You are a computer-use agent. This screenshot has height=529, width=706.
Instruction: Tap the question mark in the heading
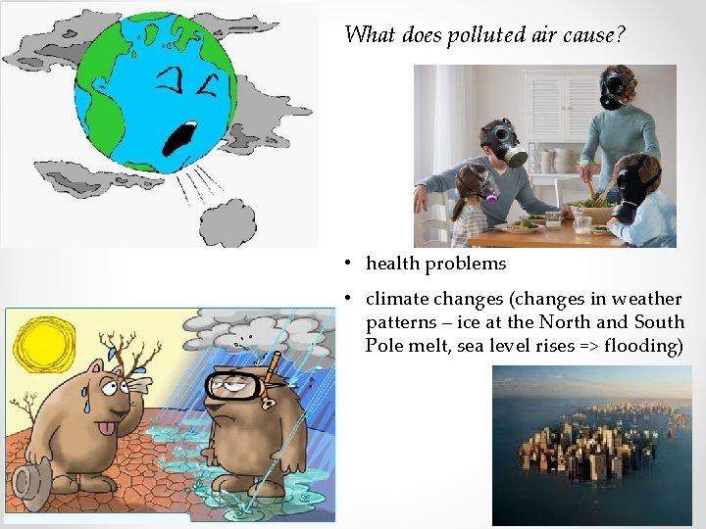(x=621, y=35)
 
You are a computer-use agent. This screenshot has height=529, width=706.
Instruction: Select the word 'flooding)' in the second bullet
(x=643, y=345)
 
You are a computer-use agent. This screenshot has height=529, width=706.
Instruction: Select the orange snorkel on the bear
(x=273, y=365)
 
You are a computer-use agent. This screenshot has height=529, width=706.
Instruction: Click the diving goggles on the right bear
(x=235, y=387)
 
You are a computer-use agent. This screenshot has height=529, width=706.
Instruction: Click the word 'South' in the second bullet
(x=659, y=322)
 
